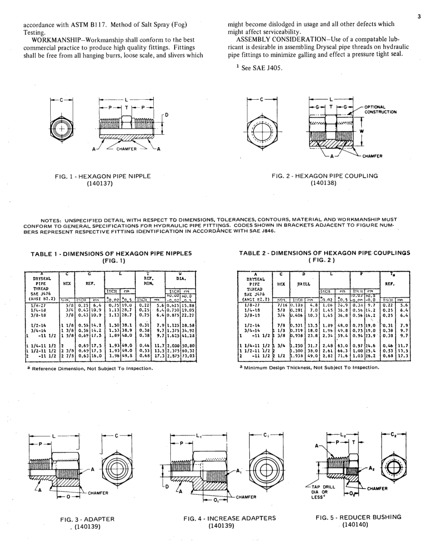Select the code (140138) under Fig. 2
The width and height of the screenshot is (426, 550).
coord(325,183)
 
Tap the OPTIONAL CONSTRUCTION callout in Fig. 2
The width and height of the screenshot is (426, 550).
coord(380,110)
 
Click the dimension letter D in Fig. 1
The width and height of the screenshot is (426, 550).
coord(166,115)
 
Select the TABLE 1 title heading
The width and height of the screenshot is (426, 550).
coord(111,254)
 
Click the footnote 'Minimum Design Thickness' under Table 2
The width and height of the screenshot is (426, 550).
coord(309,367)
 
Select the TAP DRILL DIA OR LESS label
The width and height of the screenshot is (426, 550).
coord(328,493)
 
